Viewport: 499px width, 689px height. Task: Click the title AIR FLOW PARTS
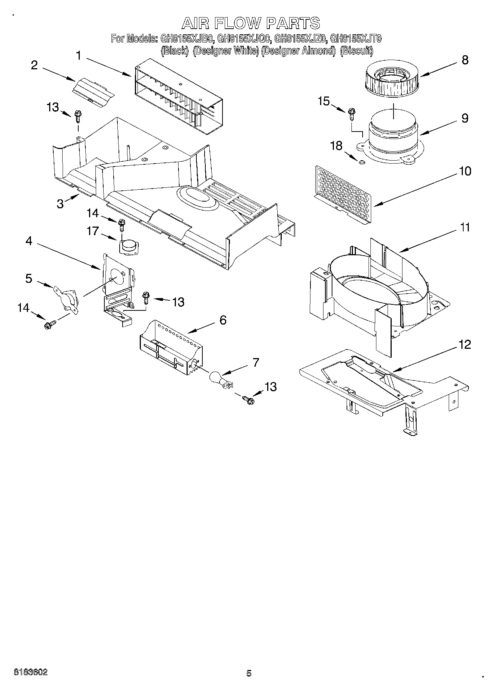click(250, 23)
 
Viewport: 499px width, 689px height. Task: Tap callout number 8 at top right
click(465, 60)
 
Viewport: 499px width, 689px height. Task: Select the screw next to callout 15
click(351, 113)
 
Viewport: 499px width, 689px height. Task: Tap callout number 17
click(93, 231)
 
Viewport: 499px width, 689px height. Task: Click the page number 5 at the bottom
click(249, 673)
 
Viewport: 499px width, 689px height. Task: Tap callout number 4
click(29, 241)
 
